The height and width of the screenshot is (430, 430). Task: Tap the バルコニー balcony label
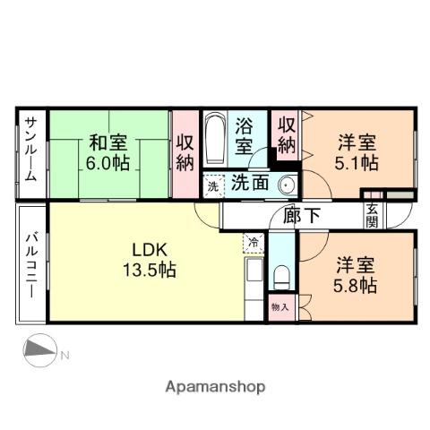coord(30,265)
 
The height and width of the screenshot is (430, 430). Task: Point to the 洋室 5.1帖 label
coord(357,152)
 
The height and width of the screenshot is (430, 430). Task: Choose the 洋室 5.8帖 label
coord(356,275)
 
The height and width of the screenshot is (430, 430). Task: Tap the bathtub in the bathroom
coord(215,141)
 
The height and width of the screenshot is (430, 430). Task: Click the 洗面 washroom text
coord(250,184)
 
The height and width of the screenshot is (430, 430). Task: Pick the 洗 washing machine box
coord(212,186)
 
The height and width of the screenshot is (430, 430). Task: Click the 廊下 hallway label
coord(301,215)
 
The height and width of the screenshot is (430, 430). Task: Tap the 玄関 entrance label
coord(372,214)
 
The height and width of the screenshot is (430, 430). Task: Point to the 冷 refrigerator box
coord(253,241)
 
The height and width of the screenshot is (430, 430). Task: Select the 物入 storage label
coord(279,306)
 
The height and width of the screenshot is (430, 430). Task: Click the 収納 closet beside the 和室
coord(185,152)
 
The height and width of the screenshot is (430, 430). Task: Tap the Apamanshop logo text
coord(215,387)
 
